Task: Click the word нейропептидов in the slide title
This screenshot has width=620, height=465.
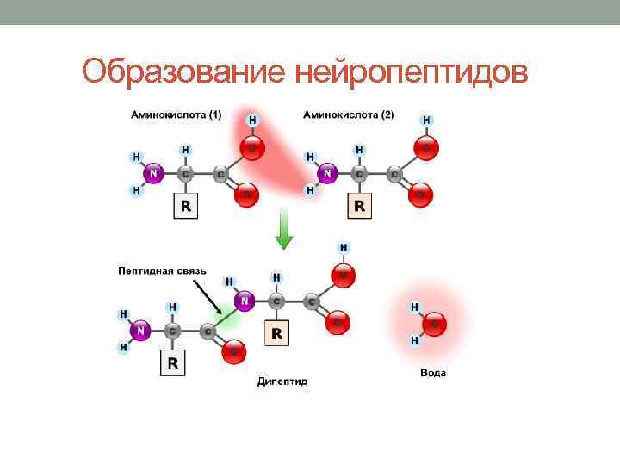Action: pyautogui.click(x=412, y=71)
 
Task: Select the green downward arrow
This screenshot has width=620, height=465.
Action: pyautogui.click(x=283, y=229)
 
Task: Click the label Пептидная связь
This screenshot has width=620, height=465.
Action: pyautogui.click(x=162, y=270)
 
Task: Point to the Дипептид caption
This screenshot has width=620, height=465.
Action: pyautogui.click(x=282, y=381)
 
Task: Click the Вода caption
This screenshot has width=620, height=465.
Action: pyautogui.click(x=433, y=373)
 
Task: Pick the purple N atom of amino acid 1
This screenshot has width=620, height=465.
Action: pyautogui.click(x=153, y=173)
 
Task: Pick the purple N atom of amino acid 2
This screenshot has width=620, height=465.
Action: pyautogui.click(x=327, y=173)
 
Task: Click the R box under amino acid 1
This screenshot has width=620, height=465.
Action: pyautogui.click(x=186, y=206)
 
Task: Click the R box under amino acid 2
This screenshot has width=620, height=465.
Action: pyautogui.click(x=360, y=206)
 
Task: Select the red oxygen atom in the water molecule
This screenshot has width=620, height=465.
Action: pyautogui.click(x=435, y=324)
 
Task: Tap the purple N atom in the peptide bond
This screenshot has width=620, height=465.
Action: pyautogui.click(x=245, y=301)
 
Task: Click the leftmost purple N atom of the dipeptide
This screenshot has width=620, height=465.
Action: pyautogui.click(x=141, y=330)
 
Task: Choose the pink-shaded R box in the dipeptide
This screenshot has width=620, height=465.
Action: pyautogui.click(x=277, y=332)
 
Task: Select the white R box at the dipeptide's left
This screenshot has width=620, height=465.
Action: pyautogui.click(x=173, y=363)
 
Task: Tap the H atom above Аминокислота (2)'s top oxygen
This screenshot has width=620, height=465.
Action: pyautogui.click(x=428, y=121)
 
